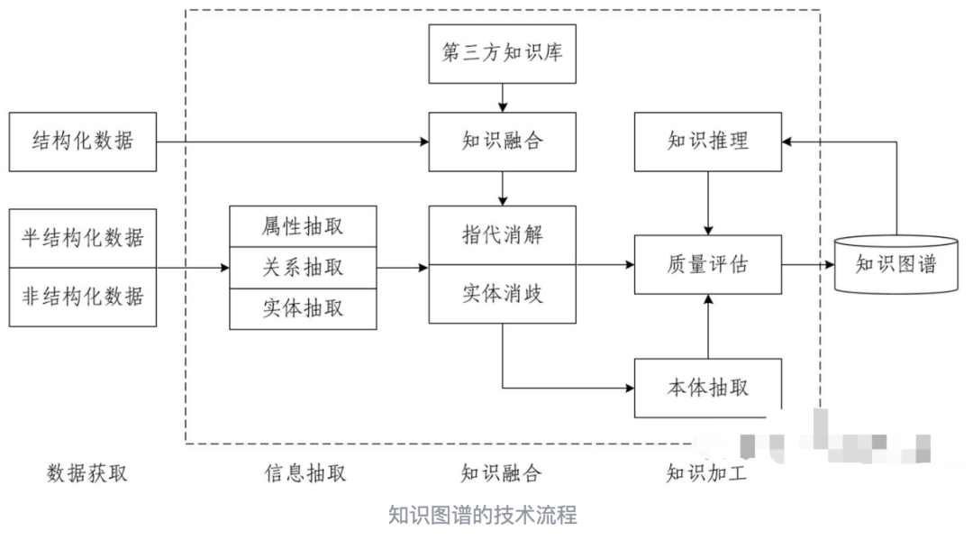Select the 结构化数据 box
(82, 142)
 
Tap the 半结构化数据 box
(82, 238)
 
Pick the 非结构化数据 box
(82, 295)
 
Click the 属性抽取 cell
(303, 225)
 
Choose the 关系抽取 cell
(303, 267)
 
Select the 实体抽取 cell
(303, 307)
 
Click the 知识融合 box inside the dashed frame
(502, 142)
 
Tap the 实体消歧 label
(502, 294)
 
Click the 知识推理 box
(708, 142)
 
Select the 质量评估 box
(708, 265)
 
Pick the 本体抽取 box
(708, 388)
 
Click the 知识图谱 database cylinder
(896, 264)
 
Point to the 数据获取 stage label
(86, 472)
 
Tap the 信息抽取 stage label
(305, 472)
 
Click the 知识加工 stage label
(706, 472)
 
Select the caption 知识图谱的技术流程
(482, 515)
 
